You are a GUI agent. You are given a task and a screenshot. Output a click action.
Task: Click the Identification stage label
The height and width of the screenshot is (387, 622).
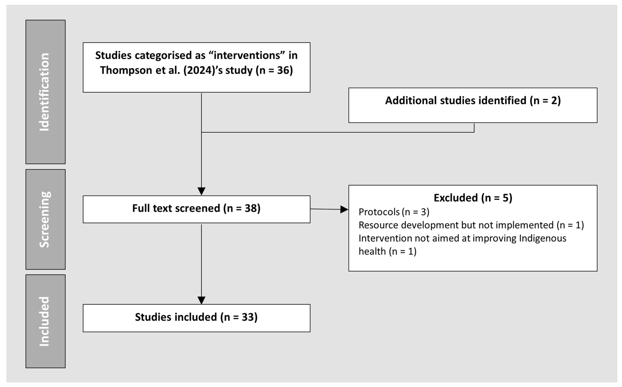(x=44, y=92)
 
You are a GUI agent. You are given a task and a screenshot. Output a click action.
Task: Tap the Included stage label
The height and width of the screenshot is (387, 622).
(x=44, y=321)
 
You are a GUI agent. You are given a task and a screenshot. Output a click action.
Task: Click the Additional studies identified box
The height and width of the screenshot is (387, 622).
(x=473, y=105)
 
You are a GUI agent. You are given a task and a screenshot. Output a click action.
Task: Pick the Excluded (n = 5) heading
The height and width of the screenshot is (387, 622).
(x=473, y=198)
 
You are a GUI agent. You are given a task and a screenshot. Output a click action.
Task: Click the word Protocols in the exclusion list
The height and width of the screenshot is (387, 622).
(x=379, y=212)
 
